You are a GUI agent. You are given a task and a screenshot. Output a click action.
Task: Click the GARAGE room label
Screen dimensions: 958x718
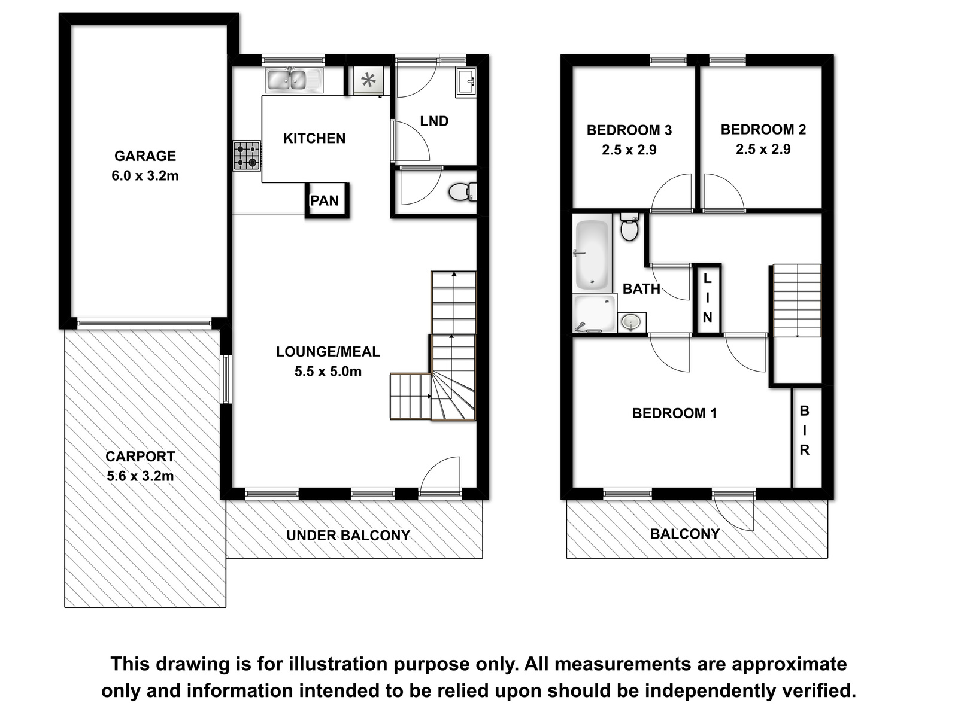(145, 156)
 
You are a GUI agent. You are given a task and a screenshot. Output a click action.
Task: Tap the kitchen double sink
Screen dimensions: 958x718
(293, 80)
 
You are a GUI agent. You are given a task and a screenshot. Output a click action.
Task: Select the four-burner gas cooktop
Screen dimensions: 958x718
(247, 156)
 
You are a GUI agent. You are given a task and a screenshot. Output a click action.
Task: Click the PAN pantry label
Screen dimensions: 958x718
(325, 200)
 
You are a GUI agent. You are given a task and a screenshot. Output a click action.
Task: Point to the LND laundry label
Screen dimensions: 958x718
(434, 121)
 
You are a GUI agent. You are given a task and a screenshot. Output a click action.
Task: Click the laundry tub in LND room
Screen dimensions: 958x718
(466, 82)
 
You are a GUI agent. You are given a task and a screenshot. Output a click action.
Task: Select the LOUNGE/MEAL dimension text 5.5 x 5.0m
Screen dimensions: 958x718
(328, 372)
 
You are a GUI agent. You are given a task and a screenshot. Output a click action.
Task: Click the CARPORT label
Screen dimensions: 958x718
(140, 457)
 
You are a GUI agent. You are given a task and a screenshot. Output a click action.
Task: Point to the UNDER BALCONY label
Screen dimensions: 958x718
(348, 536)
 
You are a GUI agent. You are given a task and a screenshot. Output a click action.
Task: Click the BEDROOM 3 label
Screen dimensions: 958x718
(629, 130)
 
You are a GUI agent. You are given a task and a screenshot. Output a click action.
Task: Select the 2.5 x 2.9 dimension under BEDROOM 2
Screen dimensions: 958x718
(763, 149)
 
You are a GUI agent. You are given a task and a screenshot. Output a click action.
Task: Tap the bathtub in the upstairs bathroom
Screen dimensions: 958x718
(592, 255)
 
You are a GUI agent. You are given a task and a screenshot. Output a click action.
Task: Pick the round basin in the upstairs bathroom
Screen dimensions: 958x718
(630, 322)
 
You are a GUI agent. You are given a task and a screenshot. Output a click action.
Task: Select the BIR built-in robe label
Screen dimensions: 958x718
(804, 430)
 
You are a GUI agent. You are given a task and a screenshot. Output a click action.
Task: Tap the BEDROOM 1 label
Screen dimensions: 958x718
(674, 413)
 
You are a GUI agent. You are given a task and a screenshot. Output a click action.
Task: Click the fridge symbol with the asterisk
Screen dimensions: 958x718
(368, 81)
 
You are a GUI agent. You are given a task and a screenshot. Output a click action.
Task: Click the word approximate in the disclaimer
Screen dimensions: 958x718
(789, 665)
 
